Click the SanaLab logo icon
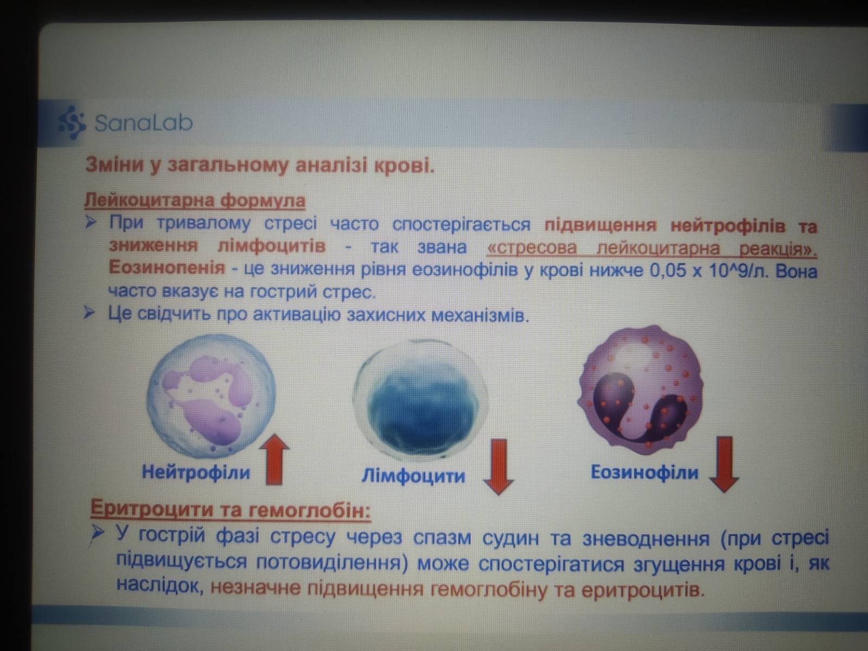point(72,123)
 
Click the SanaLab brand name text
point(144,123)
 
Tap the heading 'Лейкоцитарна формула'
point(195,200)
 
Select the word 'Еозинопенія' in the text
point(167,268)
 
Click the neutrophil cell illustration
point(211,396)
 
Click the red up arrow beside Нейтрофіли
point(275,459)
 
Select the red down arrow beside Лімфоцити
point(499,467)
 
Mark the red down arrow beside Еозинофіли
point(724,464)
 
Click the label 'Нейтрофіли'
point(196,472)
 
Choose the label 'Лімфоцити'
point(413,476)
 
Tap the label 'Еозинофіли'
point(644,473)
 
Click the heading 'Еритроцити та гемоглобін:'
point(231,509)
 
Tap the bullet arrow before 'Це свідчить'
point(90,314)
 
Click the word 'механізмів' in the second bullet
point(480,316)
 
